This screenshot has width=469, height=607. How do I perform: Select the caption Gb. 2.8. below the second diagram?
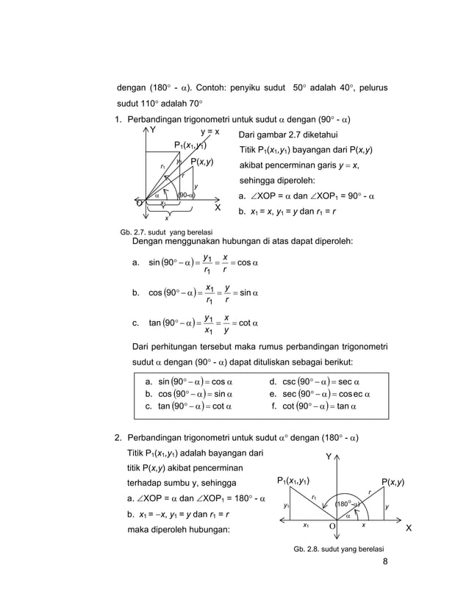pos(338,549)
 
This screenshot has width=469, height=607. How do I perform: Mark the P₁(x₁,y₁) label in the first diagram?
pos(190,146)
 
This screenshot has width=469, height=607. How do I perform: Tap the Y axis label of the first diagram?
pos(153,130)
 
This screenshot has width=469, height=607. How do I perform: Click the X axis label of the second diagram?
pos(409,529)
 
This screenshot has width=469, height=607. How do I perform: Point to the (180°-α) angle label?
pos(346,505)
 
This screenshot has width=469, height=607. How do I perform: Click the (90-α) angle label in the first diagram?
pos(187,195)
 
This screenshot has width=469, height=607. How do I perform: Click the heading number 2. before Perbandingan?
pos(118,439)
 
